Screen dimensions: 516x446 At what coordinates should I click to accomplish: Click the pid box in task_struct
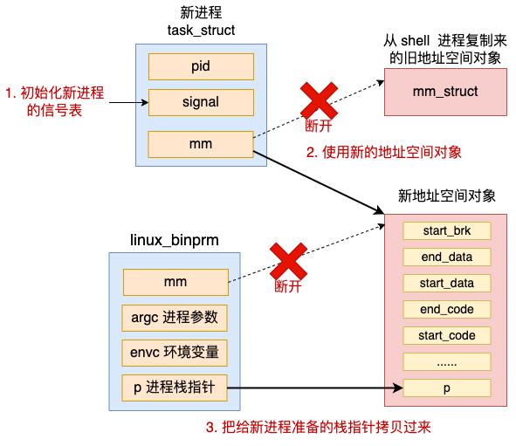point(201,66)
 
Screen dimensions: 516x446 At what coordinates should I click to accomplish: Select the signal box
point(201,102)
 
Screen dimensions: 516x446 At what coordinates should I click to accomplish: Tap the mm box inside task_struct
point(201,144)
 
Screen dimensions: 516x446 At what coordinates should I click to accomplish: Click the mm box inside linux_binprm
point(175,282)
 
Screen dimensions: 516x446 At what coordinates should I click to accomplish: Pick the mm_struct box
point(445,93)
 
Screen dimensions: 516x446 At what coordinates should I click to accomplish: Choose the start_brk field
point(447,231)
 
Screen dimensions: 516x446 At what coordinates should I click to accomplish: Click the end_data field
point(447,257)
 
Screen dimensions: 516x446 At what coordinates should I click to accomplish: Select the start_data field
point(447,283)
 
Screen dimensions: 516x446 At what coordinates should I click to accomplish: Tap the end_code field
point(447,310)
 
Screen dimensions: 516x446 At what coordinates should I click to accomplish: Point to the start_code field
point(447,335)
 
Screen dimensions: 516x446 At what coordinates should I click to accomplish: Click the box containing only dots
point(447,362)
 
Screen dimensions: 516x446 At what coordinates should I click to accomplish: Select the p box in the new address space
point(447,388)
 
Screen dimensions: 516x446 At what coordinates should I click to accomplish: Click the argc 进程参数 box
point(175,318)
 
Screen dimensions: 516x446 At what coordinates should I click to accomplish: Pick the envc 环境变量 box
point(175,353)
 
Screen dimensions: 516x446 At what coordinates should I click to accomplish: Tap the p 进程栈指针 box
point(175,388)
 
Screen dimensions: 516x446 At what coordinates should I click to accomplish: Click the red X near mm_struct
point(319,100)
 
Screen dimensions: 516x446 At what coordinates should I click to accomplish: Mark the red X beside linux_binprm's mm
point(288,262)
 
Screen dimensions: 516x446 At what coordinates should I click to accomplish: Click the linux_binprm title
point(175,240)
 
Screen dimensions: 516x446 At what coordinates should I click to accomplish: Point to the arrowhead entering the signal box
point(145,103)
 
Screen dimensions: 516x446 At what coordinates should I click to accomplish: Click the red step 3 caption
point(319,428)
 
